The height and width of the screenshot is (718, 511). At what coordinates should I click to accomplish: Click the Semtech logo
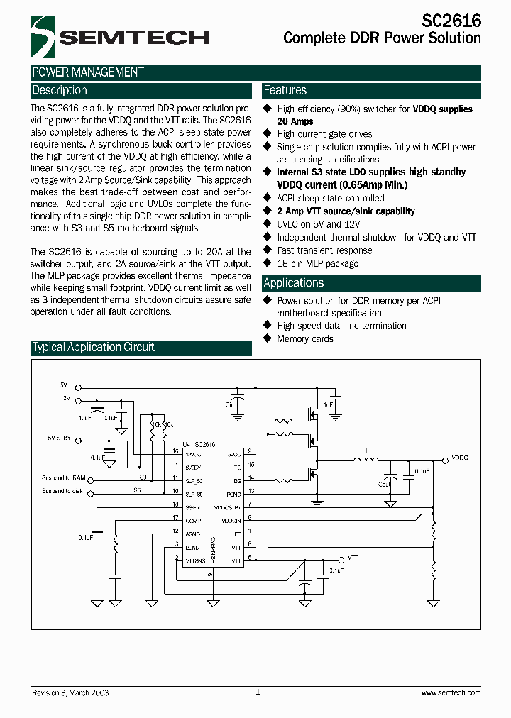tap(116, 37)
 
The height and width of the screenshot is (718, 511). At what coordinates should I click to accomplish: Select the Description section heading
tap(60, 91)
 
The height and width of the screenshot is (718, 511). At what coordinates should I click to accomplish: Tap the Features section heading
tap(285, 91)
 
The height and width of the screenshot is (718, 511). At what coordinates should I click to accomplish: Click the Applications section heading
tap(293, 283)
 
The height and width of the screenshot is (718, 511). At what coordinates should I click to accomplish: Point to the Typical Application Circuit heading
tap(93, 348)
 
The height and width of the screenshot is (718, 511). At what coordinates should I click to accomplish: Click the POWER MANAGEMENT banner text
tap(88, 72)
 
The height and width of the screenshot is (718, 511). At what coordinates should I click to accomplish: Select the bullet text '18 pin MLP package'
tap(317, 263)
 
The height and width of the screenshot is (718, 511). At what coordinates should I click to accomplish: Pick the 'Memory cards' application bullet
tap(305, 338)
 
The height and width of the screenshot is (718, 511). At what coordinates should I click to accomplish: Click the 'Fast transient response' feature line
tap(324, 250)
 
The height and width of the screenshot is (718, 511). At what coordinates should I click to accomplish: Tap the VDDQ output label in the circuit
tap(460, 458)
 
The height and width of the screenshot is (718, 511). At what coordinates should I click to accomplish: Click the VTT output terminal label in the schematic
tap(353, 558)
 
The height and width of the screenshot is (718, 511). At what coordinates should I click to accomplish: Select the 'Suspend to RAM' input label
tap(63, 477)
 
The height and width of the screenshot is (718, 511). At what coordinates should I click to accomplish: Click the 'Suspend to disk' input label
tap(62, 491)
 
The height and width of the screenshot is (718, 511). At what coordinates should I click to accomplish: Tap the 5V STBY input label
tap(60, 438)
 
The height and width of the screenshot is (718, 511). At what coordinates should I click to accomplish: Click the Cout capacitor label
tap(384, 484)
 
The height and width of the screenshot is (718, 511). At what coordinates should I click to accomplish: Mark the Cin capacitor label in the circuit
tap(229, 404)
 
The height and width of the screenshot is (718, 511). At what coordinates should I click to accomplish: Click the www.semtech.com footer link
tap(451, 692)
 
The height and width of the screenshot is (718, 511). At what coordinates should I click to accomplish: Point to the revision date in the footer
tap(70, 692)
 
